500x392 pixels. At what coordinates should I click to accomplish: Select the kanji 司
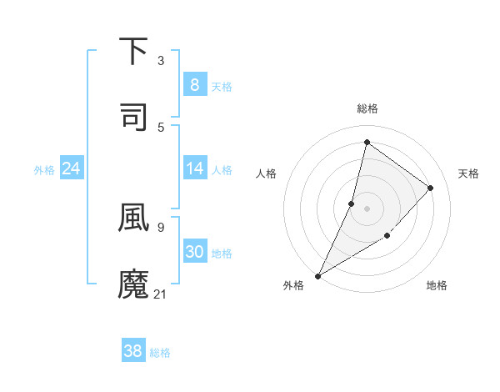click(x=134, y=116)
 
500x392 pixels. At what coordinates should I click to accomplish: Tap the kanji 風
click(x=134, y=216)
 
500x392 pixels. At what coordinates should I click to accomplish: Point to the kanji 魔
click(x=134, y=284)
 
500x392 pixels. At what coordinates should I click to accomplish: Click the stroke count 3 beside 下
click(x=161, y=60)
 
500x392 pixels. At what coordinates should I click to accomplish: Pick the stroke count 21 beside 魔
click(x=161, y=294)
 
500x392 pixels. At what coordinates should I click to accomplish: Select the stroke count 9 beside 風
click(x=161, y=226)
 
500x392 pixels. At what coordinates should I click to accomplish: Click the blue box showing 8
click(x=194, y=84)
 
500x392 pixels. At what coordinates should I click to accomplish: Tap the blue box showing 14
click(x=194, y=168)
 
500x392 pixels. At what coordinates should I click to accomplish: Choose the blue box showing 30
click(x=194, y=252)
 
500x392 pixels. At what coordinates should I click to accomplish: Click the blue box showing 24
click(x=72, y=168)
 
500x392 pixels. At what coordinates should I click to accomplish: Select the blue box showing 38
click(x=133, y=351)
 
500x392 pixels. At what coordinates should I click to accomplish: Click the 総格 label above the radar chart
click(x=367, y=108)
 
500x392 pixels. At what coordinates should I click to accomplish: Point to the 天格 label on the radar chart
click(x=468, y=173)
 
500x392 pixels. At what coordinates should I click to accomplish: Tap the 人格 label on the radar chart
click(x=266, y=173)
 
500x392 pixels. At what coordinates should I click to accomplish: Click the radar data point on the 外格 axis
click(x=317, y=275)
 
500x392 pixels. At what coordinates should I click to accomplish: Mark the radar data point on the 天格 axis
click(x=431, y=188)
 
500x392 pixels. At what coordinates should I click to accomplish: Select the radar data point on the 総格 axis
click(x=367, y=143)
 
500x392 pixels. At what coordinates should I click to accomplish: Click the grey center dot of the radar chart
click(x=367, y=209)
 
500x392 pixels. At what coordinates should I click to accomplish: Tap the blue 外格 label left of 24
click(x=44, y=169)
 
